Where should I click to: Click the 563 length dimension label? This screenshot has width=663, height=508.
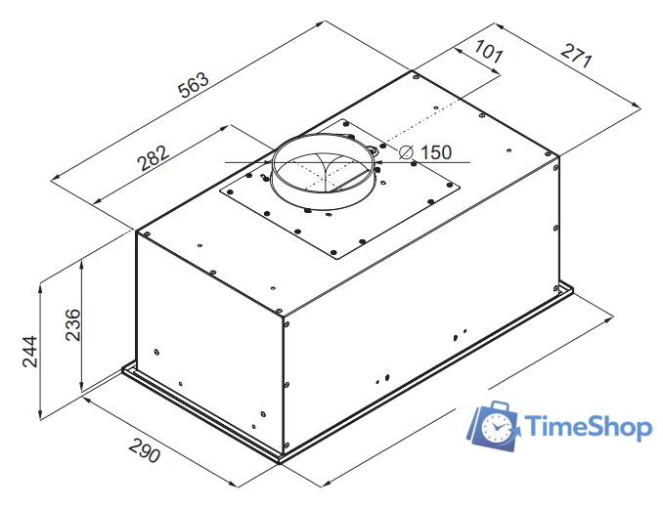click(x=194, y=85)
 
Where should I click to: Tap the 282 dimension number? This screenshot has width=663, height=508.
click(x=154, y=158)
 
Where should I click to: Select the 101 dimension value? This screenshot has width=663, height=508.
click(x=489, y=52)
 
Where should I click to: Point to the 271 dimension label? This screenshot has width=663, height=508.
click(x=576, y=56)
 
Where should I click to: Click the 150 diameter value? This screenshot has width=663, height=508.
click(x=436, y=152)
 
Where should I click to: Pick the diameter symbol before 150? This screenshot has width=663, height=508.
click(x=407, y=152)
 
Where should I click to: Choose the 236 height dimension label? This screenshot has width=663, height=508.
click(x=72, y=324)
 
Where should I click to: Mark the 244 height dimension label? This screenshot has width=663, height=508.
click(x=30, y=352)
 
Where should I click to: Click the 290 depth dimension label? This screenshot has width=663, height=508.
click(x=145, y=450)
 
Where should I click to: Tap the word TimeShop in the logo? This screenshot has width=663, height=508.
click(x=588, y=427)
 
